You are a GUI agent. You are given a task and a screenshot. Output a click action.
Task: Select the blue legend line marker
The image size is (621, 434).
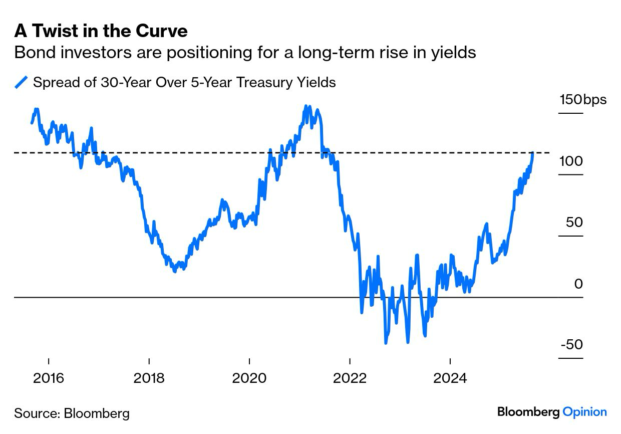coord(21,82)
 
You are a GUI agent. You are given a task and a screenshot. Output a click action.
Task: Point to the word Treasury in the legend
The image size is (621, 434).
coord(267,82)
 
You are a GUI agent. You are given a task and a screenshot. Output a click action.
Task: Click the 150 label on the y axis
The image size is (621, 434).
coord(570,99)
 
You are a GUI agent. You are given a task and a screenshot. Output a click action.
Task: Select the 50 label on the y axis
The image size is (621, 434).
coord(574,222)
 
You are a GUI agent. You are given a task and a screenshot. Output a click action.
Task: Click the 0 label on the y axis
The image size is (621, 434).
coord(578,284)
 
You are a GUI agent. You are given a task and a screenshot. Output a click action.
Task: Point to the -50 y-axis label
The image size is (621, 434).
coord(571,345)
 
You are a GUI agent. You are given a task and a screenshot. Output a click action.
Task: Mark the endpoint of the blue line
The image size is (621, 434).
coord(533,152)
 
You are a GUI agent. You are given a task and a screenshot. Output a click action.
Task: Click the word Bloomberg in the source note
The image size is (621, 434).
coord(96,413)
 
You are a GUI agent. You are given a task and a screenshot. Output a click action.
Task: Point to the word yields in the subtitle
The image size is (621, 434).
coord(454,52)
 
